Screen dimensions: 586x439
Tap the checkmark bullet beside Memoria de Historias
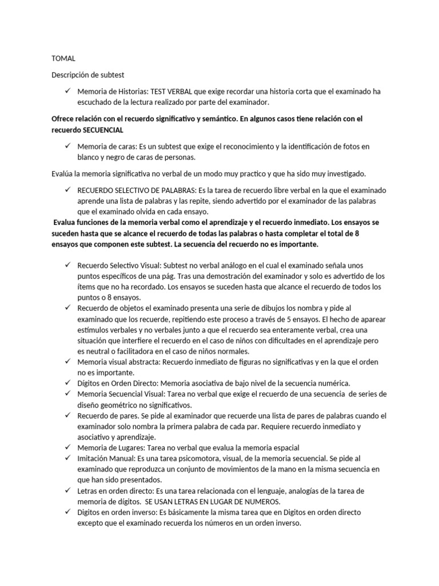(67, 91)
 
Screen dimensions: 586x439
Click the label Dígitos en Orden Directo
(118, 383)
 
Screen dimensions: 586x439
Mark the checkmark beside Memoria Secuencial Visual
(67, 394)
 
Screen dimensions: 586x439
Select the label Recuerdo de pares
(106, 416)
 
